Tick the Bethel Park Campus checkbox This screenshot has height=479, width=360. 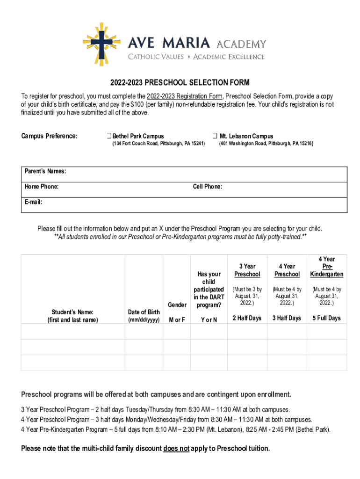click(x=108, y=136)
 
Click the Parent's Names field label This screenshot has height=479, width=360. click(x=45, y=172)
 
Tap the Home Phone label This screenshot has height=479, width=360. click(x=42, y=187)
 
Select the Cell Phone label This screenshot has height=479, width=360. click(x=208, y=187)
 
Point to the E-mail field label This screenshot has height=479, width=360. click(x=34, y=202)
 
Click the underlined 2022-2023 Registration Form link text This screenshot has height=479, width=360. click(x=185, y=96)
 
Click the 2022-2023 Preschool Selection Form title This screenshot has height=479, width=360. click(x=180, y=83)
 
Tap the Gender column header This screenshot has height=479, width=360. click(x=177, y=305)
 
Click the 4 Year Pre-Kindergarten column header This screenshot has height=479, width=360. click(x=327, y=267)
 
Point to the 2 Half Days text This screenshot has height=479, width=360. click(x=247, y=319)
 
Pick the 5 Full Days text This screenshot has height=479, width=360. click(x=327, y=319)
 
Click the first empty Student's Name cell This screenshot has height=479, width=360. click(x=72, y=331)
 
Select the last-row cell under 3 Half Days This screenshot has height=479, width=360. click(x=287, y=363)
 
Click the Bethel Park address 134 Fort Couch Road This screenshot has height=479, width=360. click(x=158, y=144)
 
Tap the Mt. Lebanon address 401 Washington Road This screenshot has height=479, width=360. click(x=266, y=144)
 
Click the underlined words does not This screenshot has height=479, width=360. click(x=176, y=449)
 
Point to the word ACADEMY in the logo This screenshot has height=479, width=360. click(x=241, y=44)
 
